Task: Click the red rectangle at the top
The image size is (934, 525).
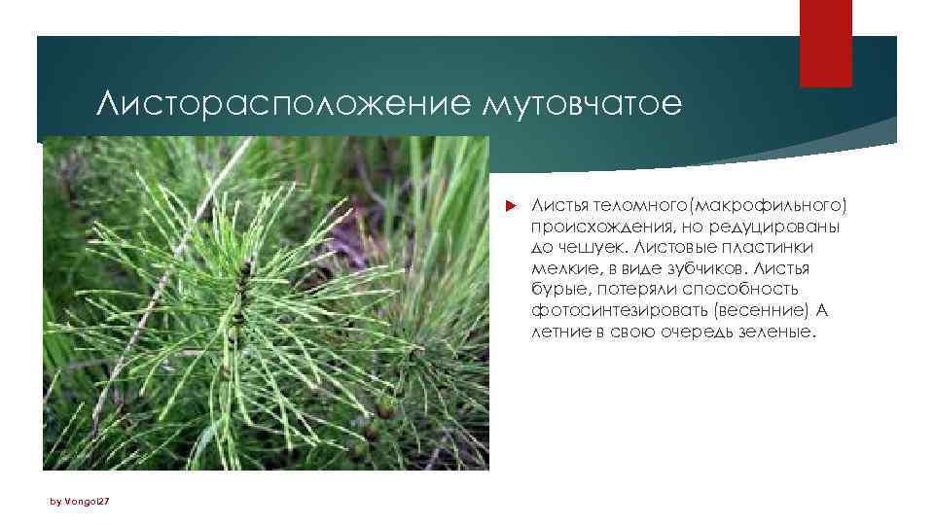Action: click(x=825, y=43)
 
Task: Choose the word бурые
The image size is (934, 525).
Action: click(x=558, y=289)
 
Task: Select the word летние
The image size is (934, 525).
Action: click(x=561, y=331)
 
